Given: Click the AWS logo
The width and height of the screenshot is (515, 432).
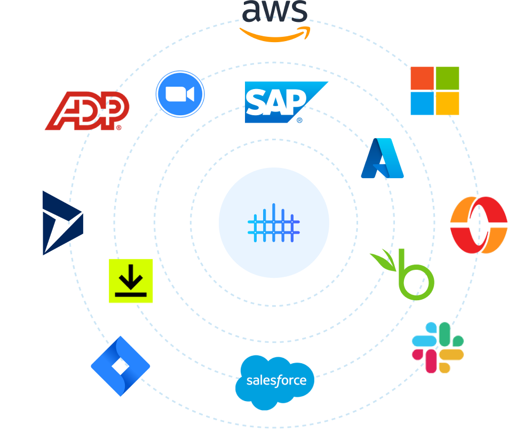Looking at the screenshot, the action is pos(275,21).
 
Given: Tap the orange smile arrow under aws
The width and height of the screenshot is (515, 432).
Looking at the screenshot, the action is pos(275,37).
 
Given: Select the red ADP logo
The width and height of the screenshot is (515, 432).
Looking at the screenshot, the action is pos(88,110).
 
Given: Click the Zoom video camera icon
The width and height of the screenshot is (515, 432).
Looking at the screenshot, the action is pos(180,94).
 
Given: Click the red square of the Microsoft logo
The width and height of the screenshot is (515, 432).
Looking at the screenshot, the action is pos(422,78).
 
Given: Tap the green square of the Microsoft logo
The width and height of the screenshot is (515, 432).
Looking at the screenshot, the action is pos(447,78).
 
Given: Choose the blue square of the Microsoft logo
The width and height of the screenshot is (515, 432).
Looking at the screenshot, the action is pos(422,103).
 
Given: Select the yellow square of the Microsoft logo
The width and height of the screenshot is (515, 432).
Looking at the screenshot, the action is pos(447,103).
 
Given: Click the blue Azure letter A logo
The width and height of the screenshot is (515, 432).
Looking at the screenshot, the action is pos(382,158).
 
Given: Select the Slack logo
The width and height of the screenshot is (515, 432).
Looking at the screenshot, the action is pos(438,348).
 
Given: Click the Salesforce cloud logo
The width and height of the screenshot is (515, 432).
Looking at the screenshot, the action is pos(275,382).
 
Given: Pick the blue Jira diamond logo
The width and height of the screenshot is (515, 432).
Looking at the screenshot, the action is pos(121,366).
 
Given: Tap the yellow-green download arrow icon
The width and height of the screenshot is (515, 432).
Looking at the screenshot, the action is pos(131,281).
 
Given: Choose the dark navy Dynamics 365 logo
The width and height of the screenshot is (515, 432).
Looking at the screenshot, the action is pos(63,223).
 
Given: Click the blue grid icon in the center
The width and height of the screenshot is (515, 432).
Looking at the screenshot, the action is pos(274,223).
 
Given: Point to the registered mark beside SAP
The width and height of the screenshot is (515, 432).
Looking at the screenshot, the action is pos(299,121).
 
